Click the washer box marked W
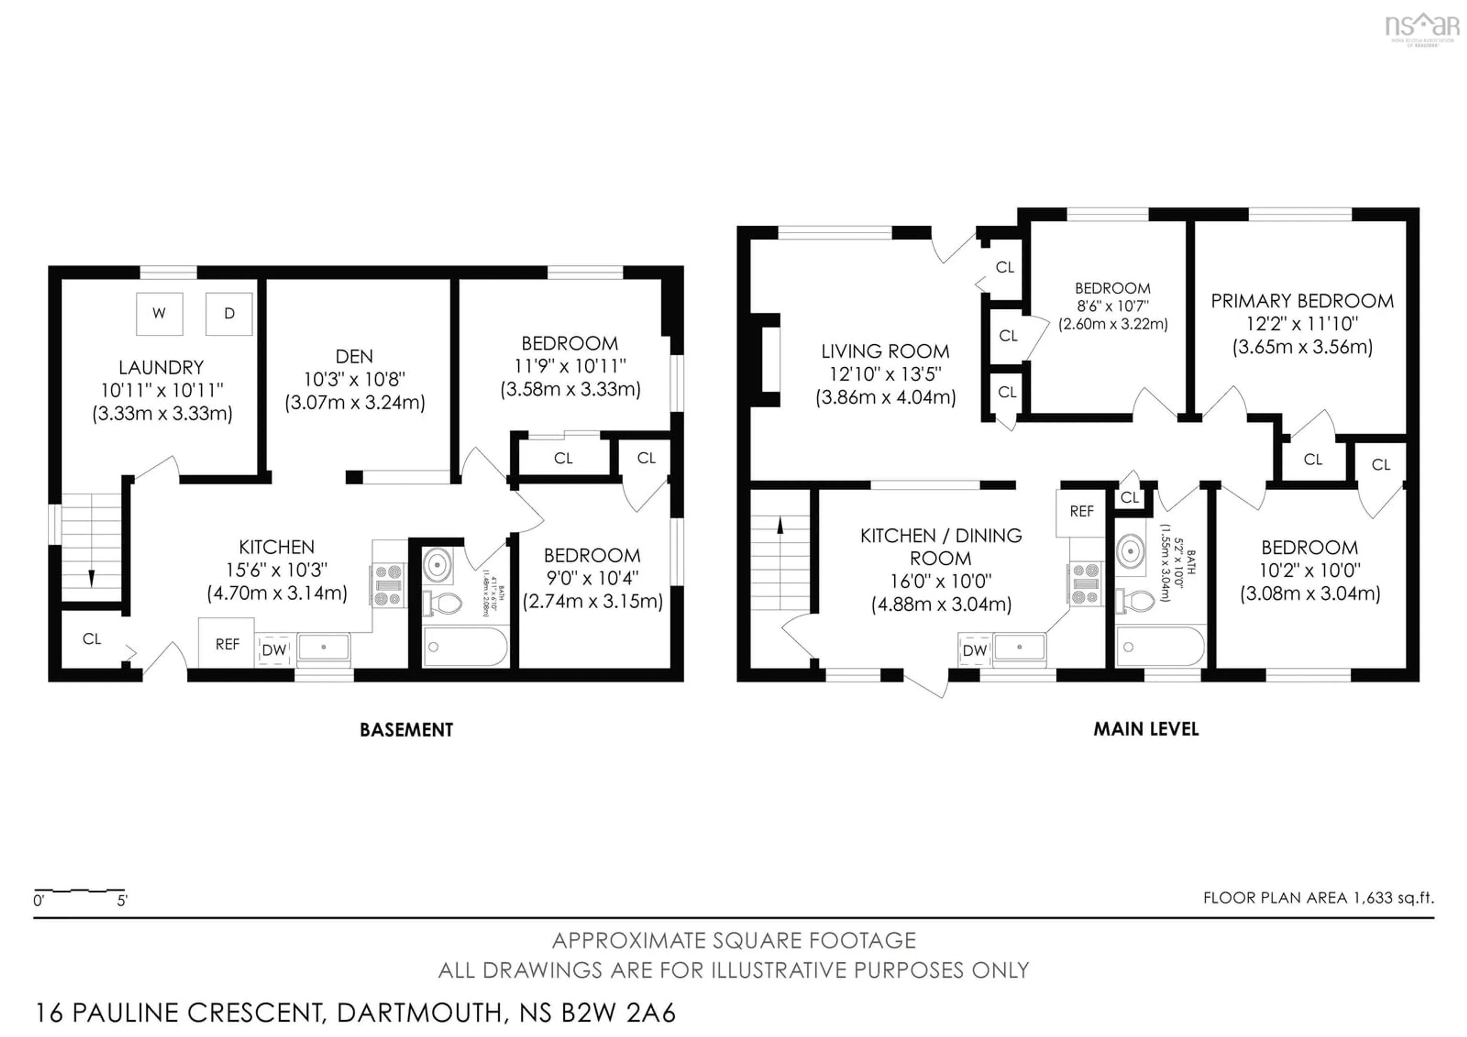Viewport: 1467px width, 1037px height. point(160,314)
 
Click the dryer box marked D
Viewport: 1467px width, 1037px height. point(229,314)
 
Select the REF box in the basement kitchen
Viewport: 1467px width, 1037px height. point(227,643)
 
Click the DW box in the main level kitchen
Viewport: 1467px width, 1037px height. point(975,650)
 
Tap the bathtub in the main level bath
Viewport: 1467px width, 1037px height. point(1160,647)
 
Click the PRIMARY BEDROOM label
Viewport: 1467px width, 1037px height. point(1302,301)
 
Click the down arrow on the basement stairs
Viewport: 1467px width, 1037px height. point(91,577)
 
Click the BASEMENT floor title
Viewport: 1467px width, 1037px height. point(406,730)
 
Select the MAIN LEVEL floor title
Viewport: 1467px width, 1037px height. point(1146,729)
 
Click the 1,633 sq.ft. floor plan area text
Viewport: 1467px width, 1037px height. point(1319,898)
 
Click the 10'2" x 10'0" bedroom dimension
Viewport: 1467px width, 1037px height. point(1310,570)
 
